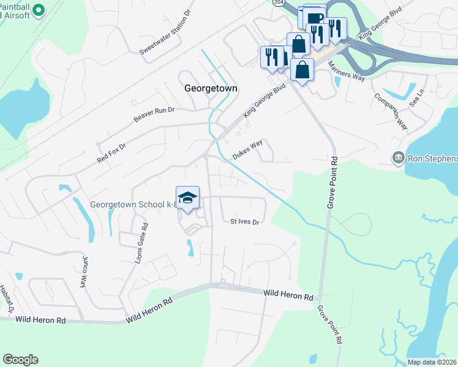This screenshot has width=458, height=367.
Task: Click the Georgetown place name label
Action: pos(210,88)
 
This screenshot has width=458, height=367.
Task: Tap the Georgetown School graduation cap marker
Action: pos(188,198)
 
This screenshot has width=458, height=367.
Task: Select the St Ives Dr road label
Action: pos(245,221)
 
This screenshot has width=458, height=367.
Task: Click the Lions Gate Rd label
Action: pos(141,243)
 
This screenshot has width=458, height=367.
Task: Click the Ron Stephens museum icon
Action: pos(399,158)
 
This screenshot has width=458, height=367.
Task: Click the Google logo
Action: pos(20,360)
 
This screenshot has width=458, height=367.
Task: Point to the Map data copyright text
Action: pos(432,362)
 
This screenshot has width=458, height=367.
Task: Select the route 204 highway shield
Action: pos(279,3)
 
